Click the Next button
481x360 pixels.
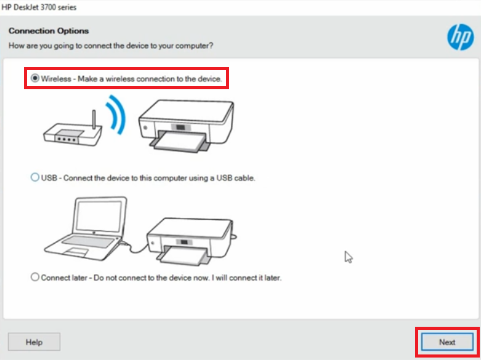(447, 342)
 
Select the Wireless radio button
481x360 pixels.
(35, 79)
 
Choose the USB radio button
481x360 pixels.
(35, 177)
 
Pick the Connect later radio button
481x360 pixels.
(35, 277)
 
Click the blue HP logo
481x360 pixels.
(460, 37)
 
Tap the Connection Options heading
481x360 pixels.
(49, 31)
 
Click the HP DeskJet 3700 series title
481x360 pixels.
(39, 7)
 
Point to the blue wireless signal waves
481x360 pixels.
(116, 114)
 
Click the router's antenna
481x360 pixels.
(94, 120)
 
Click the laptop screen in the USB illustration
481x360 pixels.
(99, 216)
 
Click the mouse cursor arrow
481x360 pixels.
(348, 257)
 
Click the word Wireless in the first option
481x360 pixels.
(56, 79)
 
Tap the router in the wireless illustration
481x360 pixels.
(73, 134)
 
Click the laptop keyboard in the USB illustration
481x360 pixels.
(88, 241)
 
